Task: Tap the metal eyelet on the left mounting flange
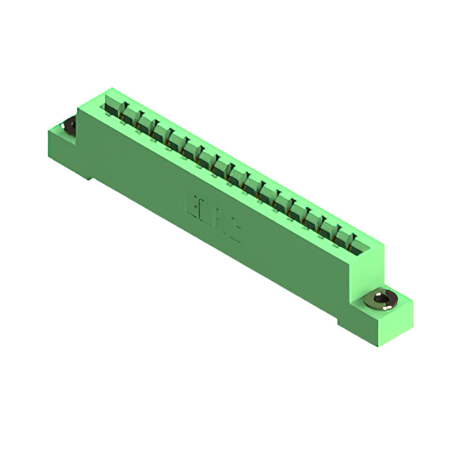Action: coord(70,127)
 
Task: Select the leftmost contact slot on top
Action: coord(113,108)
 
